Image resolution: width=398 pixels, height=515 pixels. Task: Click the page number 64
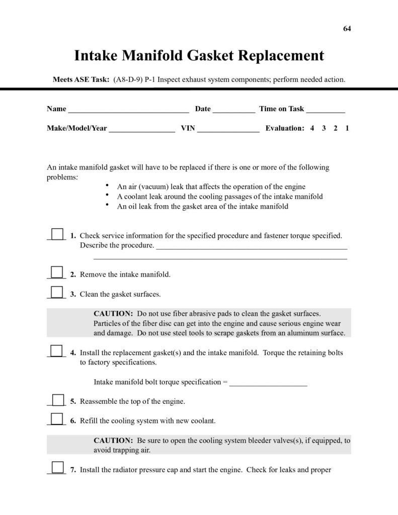(x=347, y=28)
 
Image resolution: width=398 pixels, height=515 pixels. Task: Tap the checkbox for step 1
(x=57, y=234)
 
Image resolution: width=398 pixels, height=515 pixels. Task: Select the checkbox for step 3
(x=57, y=292)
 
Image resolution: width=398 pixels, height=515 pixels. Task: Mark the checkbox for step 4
(x=57, y=351)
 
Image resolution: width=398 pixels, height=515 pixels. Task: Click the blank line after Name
(x=128, y=110)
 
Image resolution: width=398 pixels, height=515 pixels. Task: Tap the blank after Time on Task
(x=326, y=110)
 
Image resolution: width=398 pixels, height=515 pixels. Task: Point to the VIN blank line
(x=228, y=129)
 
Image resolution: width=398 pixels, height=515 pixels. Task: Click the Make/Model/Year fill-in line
(x=142, y=129)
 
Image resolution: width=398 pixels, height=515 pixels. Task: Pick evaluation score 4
(x=312, y=128)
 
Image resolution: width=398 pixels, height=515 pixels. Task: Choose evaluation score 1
(x=347, y=128)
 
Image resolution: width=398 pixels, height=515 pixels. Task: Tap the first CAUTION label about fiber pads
(x=113, y=313)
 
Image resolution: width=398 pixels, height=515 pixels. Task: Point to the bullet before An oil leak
(x=108, y=205)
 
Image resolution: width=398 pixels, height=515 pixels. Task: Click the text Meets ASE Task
(x=81, y=79)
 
